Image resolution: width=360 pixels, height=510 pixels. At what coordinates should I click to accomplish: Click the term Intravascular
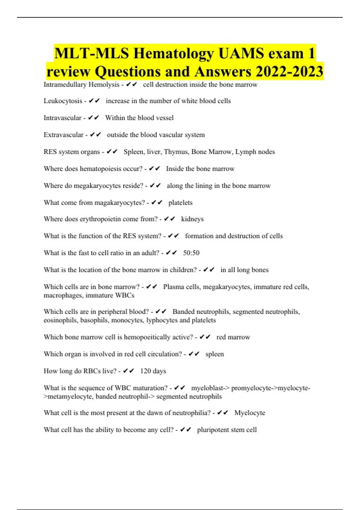click(x=62, y=118)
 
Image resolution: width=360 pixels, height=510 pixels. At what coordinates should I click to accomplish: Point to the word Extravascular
click(x=64, y=135)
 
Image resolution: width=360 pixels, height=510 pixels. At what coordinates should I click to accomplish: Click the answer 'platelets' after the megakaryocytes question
click(x=180, y=202)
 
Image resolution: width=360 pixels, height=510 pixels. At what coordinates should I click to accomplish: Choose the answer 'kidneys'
click(x=192, y=219)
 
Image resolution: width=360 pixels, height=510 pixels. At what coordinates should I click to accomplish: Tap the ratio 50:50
click(x=191, y=253)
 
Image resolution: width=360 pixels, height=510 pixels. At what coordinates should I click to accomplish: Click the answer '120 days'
click(x=153, y=371)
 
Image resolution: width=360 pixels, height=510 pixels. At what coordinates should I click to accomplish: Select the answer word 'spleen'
click(x=214, y=354)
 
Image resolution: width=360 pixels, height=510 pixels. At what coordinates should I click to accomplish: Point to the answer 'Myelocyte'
click(x=250, y=413)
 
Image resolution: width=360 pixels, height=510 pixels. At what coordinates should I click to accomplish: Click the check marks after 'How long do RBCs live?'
click(x=129, y=371)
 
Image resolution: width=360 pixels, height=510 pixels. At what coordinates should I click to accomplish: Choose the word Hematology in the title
click(x=174, y=53)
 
